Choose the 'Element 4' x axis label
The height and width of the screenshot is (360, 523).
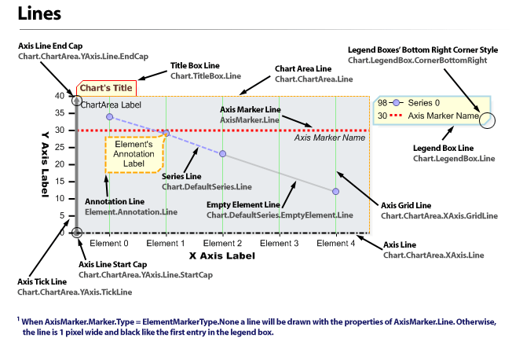click(x=335, y=244)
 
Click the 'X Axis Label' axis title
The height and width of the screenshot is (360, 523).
click(x=222, y=256)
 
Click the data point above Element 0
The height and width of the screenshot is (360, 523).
click(x=109, y=116)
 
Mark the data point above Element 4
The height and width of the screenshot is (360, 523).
click(x=336, y=192)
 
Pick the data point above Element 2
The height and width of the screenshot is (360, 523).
click(x=223, y=154)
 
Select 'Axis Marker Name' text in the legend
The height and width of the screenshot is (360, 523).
click(x=444, y=116)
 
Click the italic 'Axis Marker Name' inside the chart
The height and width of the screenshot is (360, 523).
click(x=330, y=138)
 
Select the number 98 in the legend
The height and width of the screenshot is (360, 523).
click(x=382, y=103)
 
